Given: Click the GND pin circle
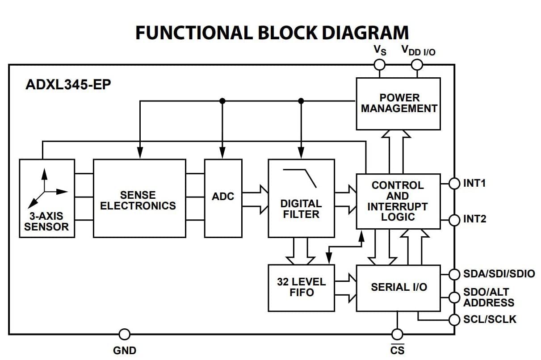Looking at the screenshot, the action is pos(125,335).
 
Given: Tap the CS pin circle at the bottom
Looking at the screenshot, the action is pos(397,335).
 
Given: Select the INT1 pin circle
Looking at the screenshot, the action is pos(454,184).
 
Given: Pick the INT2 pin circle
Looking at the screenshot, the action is pos(454,220).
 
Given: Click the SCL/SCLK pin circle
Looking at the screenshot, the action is pos(454,320).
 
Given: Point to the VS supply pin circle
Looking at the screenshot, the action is pos(379,65).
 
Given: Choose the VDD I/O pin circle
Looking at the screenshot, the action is pos(417,65).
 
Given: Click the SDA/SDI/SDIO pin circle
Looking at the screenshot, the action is pos(454,274).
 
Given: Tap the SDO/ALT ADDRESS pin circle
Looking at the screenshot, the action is pos(454,297).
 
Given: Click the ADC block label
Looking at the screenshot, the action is pos(223,196).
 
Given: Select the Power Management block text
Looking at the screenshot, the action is pos(399,103).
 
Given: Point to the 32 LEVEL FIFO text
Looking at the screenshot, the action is pos(302,287).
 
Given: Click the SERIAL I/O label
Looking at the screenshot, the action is pos(399,287).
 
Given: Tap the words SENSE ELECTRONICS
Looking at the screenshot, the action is pos(138,201).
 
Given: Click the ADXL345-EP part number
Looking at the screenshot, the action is pos(68,84).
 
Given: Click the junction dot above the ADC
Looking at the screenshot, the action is pos(222,101).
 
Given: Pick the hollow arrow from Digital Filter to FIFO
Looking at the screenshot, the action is pos(301,251).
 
